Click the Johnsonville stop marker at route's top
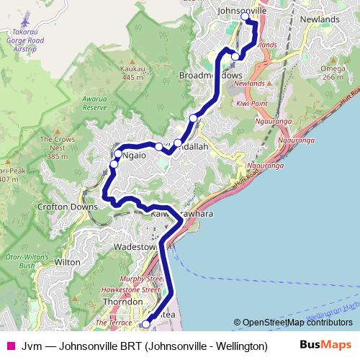[245, 16]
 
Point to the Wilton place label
[67, 263]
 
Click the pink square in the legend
[9, 346]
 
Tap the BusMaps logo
[325, 346]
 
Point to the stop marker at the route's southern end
[146, 325]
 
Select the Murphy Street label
[145, 278]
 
